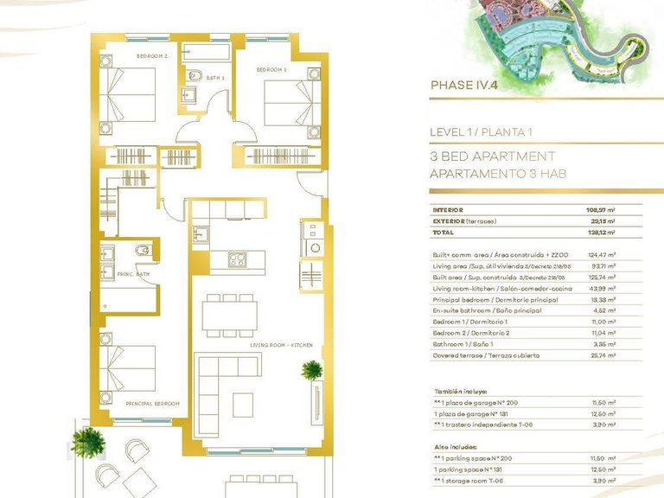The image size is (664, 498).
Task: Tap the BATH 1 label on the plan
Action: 215,78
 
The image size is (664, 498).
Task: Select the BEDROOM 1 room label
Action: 271,68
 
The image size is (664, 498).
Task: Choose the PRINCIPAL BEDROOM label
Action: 152,403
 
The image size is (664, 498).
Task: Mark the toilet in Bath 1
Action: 195,73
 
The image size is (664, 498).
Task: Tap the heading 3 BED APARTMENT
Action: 492,156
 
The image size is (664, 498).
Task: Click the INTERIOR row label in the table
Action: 448,210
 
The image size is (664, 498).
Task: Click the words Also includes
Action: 455,445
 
